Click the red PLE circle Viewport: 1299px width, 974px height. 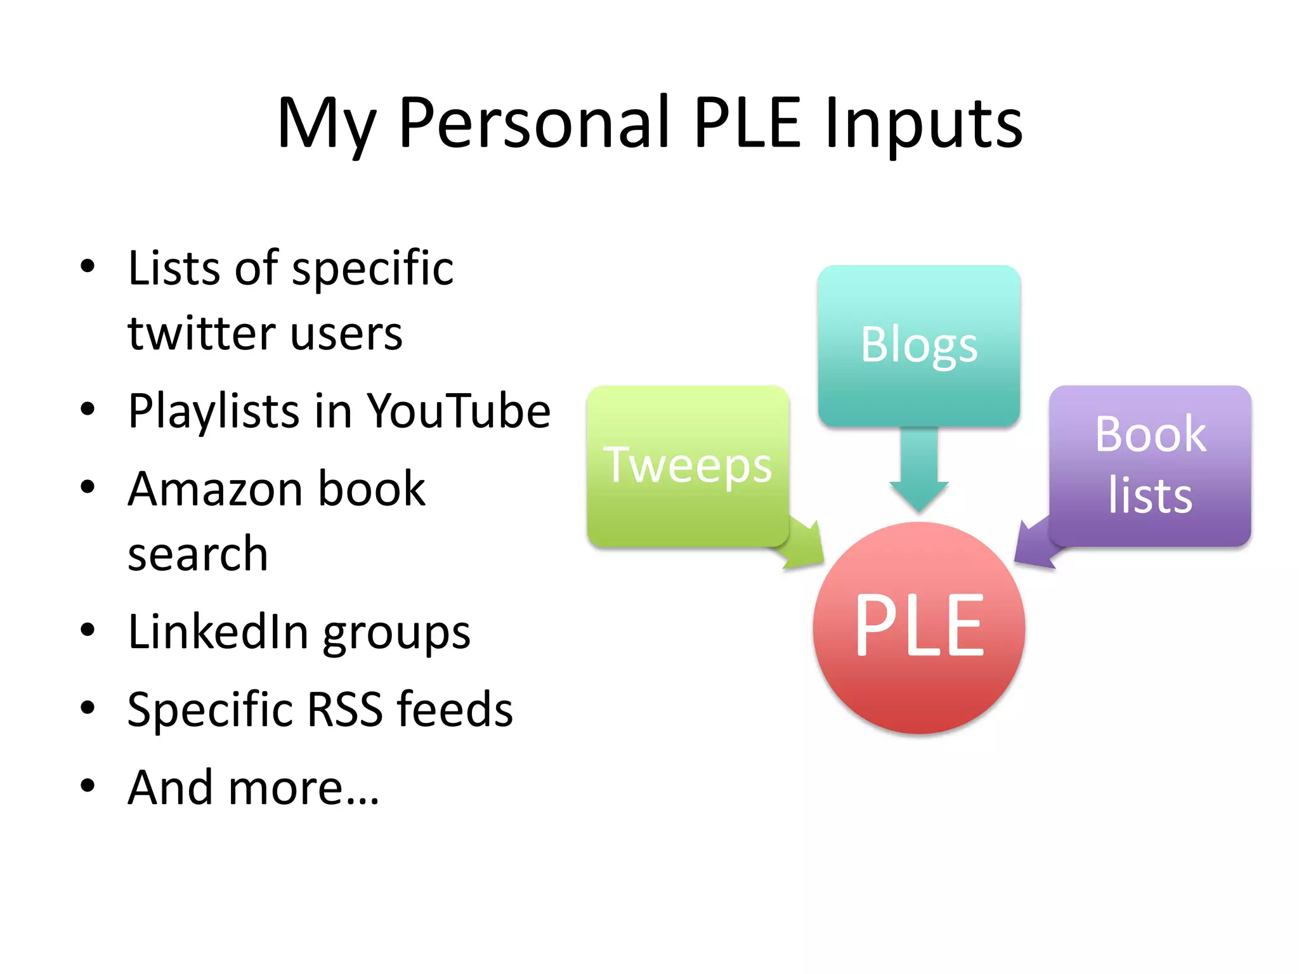pos(918,628)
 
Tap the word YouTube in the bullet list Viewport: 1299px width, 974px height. pos(459,411)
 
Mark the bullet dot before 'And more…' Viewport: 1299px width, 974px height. pos(88,786)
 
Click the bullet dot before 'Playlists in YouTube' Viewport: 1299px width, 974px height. pos(88,410)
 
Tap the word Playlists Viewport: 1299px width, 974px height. pos(213,411)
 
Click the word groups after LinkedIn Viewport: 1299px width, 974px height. pos(396,633)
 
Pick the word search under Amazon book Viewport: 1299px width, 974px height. pos(198,554)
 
